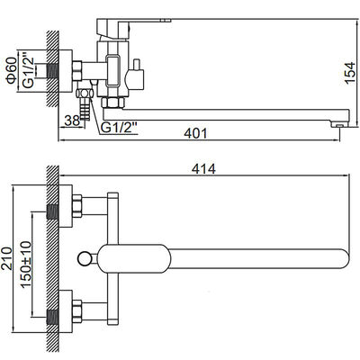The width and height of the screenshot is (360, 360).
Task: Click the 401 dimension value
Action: click(x=195, y=133)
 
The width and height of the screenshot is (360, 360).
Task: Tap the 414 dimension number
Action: click(x=203, y=169)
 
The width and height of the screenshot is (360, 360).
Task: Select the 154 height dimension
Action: click(x=350, y=73)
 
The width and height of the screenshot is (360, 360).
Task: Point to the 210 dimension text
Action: click(x=7, y=258)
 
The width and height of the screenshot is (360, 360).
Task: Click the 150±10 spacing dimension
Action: click(x=26, y=265)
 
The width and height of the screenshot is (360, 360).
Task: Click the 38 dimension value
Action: click(x=72, y=121)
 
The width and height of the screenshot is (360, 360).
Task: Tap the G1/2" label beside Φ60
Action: click(x=28, y=71)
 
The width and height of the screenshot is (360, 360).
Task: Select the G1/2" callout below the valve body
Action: click(x=119, y=128)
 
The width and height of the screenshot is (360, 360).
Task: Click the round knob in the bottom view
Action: click(x=84, y=259)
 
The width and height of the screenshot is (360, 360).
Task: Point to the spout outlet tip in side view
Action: click(x=339, y=124)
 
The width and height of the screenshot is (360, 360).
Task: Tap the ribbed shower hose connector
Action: click(x=85, y=111)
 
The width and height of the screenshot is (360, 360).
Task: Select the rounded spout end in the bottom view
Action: click(x=345, y=259)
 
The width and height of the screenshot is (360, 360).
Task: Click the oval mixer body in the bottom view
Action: click(x=134, y=259)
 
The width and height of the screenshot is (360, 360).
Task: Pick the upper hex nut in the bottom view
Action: click(x=77, y=206)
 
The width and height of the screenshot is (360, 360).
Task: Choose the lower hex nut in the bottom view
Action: click(x=77, y=311)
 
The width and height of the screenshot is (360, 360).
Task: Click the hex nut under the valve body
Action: click(x=113, y=103)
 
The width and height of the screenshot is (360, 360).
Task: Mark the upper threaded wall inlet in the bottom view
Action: click(x=53, y=211)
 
